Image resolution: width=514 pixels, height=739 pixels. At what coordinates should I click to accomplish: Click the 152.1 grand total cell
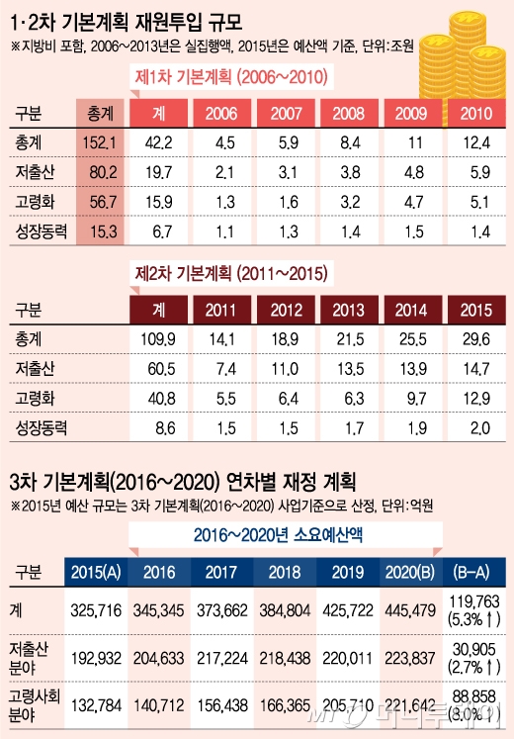(x=100, y=143)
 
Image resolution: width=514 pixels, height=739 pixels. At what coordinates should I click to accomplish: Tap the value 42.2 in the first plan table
(x=159, y=143)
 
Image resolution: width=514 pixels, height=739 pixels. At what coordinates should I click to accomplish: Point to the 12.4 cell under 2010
(x=477, y=143)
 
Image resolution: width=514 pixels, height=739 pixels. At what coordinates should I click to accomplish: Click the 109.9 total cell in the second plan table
(x=158, y=340)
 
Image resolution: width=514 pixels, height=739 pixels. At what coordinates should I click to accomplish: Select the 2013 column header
(x=350, y=309)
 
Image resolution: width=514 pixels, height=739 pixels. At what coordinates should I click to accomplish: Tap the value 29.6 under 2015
(x=477, y=340)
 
